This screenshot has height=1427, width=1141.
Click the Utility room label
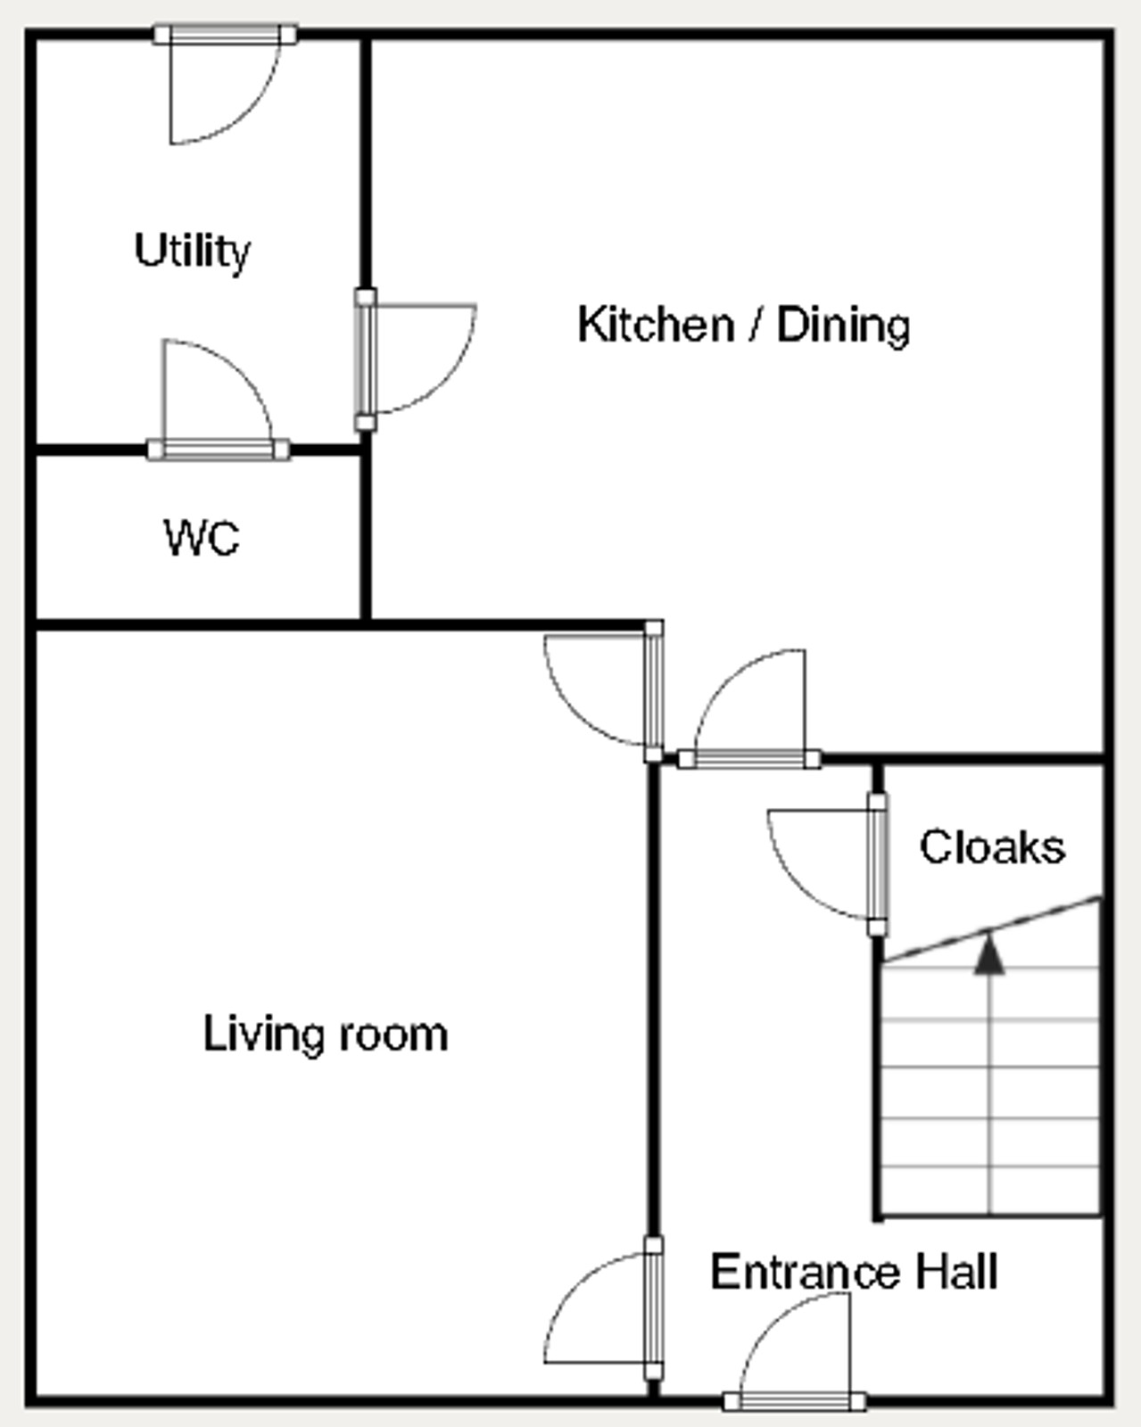click(x=193, y=252)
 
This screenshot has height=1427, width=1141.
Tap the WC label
click(x=202, y=538)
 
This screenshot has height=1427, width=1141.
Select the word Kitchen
click(x=656, y=325)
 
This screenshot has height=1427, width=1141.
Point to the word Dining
click(x=843, y=326)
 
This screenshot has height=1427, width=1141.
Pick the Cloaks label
click(x=992, y=846)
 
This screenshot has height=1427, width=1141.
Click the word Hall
click(x=956, y=1271)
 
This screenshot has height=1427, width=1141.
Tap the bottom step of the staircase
click(x=989, y=1190)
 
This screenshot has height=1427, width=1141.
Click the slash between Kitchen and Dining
click(x=755, y=325)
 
